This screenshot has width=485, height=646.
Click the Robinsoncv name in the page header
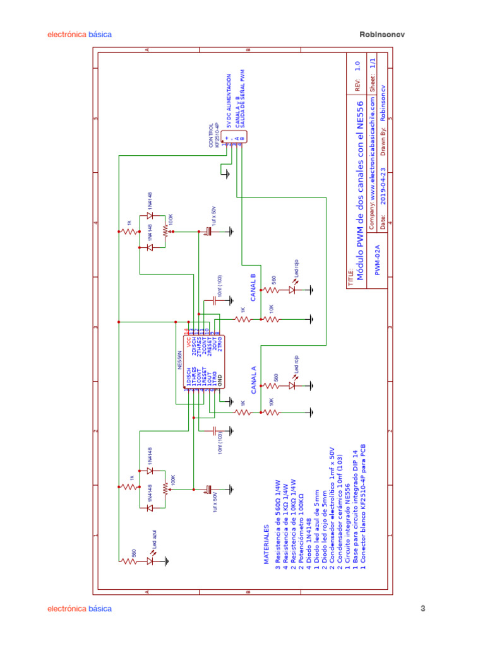pos(381,35)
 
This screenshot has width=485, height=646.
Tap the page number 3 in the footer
pos(423,609)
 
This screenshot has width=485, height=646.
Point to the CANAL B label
pos(253,288)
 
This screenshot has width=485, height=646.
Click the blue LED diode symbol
pos(150,559)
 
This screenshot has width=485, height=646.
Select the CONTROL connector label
pos(212,135)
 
